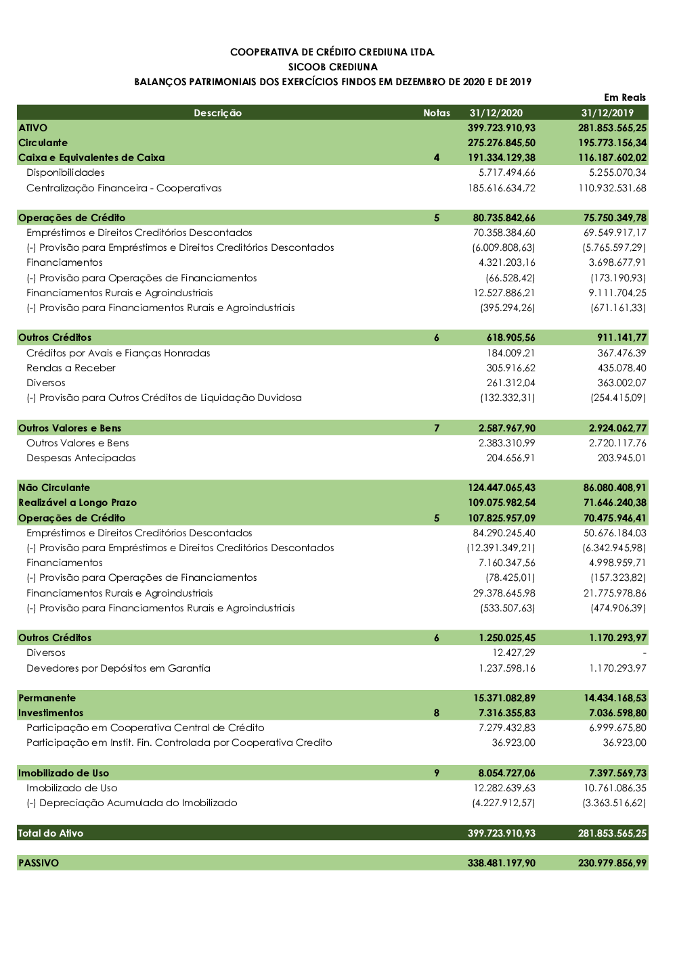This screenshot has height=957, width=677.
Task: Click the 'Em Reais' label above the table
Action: tap(624, 97)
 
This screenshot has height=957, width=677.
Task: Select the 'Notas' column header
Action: tap(437, 113)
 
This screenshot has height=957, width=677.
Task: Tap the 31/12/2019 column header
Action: tap(607, 113)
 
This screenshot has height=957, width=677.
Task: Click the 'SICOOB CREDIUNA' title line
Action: tap(332, 67)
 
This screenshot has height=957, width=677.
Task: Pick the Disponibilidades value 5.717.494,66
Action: tap(506, 172)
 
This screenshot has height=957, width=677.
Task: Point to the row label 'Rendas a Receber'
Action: tap(71, 368)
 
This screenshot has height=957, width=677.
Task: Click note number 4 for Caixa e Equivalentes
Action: tap(437, 158)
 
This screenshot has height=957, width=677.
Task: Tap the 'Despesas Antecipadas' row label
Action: tap(81, 458)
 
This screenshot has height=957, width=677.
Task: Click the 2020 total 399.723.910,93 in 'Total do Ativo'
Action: tap(501, 833)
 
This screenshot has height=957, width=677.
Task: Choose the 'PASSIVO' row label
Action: tap(39, 863)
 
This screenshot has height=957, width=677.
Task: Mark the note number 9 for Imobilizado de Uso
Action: tap(437, 773)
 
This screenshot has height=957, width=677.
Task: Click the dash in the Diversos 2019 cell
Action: tap(644, 653)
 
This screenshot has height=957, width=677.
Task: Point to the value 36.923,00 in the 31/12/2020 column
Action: tap(513, 743)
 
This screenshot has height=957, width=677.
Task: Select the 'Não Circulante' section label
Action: tap(54, 488)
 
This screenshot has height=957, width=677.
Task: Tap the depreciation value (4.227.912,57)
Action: tap(503, 803)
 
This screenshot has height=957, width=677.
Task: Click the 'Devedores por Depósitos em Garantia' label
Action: tap(118, 668)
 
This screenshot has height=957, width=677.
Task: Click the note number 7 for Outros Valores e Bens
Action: tap(437, 428)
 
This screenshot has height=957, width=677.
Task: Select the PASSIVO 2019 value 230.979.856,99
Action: tap(612, 863)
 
